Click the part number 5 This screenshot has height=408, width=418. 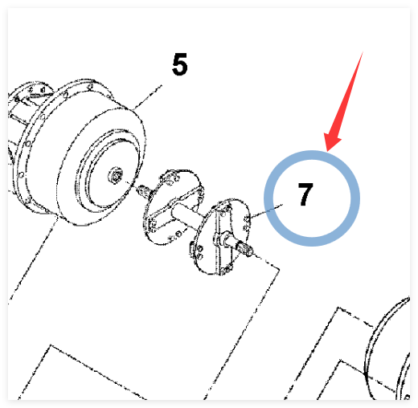[x=179, y=64]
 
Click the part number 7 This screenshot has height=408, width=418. [x=305, y=194]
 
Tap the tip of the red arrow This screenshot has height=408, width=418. [x=327, y=151]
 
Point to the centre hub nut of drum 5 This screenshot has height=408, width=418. [x=116, y=175]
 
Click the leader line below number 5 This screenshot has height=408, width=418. [x=148, y=97]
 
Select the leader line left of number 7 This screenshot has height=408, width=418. [x=266, y=210]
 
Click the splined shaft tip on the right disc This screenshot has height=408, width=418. [x=246, y=250]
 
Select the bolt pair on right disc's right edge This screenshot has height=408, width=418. [x=246, y=224]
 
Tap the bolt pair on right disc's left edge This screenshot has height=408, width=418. [x=199, y=252]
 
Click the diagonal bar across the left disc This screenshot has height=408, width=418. [x=175, y=208]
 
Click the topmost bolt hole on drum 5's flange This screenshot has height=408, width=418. [x=91, y=87]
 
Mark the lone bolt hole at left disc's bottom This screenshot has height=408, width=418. [x=178, y=235]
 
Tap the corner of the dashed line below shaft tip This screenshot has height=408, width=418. [x=280, y=269]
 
